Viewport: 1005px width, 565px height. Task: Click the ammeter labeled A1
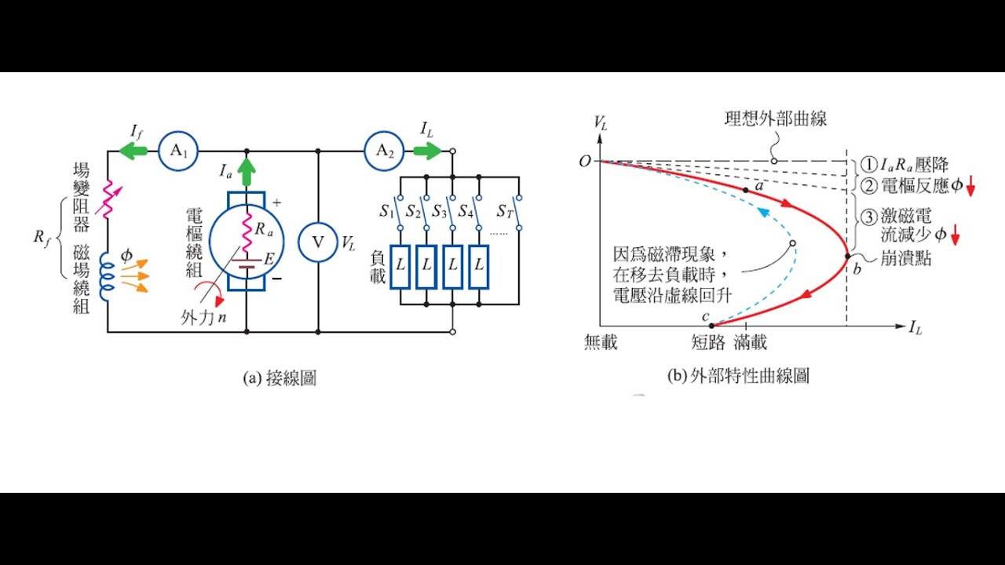[x=178, y=151]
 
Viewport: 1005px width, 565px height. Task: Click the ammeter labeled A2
[x=384, y=151]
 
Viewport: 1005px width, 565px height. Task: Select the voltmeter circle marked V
[x=318, y=242]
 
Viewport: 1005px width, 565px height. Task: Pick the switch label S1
[x=386, y=211]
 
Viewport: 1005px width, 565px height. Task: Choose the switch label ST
[x=504, y=211]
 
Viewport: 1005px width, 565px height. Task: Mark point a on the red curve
[x=746, y=190]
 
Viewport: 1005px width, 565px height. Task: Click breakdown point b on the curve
[x=847, y=255]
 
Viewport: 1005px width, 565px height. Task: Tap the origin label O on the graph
[x=584, y=162]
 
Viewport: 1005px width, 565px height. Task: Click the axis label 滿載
[x=751, y=343]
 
